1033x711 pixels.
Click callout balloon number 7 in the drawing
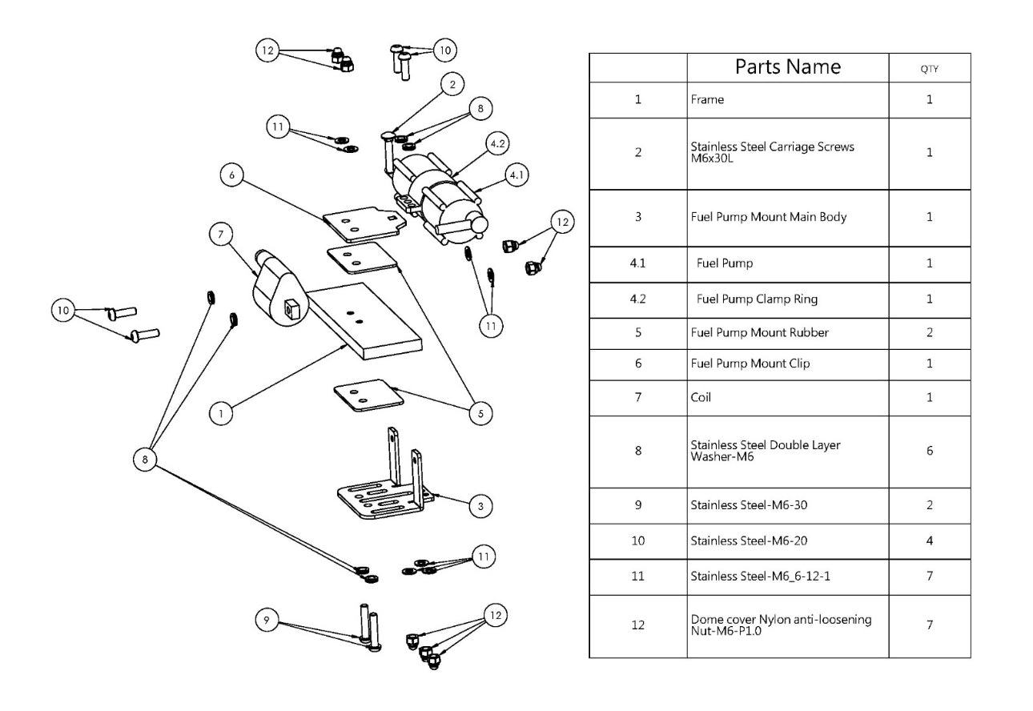click(222, 233)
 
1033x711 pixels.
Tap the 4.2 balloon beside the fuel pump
click(496, 145)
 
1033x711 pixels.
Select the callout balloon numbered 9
click(267, 620)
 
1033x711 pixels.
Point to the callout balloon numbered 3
click(480, 505)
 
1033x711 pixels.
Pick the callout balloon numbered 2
click(452, 83)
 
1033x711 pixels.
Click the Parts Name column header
click(788, 67)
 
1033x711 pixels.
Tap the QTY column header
click(930, 69)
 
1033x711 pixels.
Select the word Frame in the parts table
click(707, 100)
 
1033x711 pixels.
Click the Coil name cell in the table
click(701, 398)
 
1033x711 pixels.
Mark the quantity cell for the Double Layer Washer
click(930, 451)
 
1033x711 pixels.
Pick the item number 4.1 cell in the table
click(637, 263)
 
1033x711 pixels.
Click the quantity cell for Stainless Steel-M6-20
click(930, 541)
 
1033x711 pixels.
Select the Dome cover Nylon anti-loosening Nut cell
click(781, 625)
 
